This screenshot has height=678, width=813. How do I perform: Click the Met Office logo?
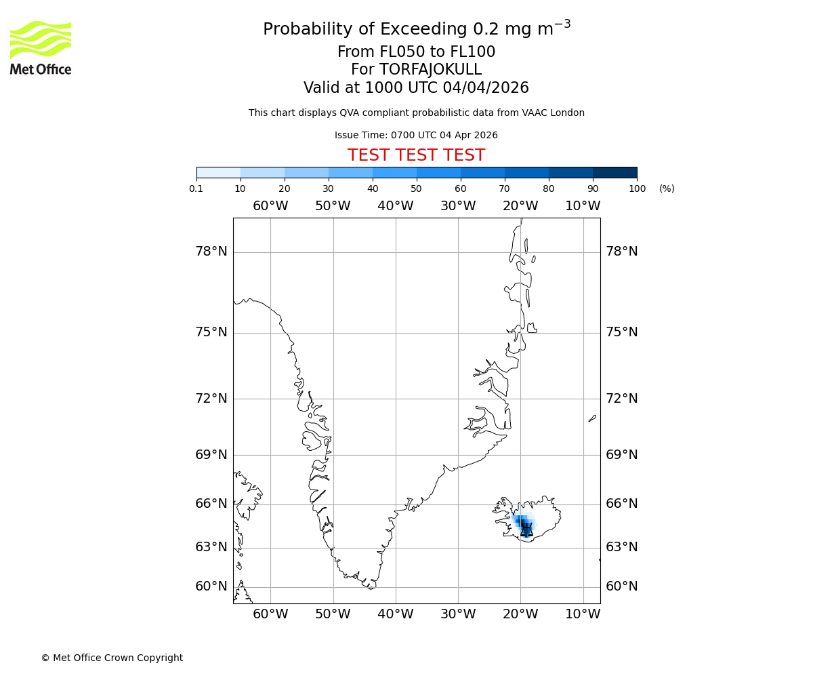(41, 47)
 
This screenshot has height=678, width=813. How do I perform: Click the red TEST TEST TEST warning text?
(416, 155)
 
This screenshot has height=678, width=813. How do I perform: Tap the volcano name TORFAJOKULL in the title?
(430, 70)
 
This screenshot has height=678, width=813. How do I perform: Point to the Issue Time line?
(416, 135)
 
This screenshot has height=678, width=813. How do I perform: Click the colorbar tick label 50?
(417, 188)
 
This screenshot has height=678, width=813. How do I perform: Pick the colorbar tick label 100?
(637, 188)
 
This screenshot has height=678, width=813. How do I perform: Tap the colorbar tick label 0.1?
(196, 188)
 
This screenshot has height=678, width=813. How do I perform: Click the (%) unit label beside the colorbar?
(667, 188)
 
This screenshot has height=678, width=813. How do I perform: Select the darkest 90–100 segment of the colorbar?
(614, 172)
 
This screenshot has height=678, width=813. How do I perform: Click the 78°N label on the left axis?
(211, 252)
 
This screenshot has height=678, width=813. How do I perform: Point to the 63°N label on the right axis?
(621, 546)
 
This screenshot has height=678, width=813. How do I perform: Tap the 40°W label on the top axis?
(395, 206)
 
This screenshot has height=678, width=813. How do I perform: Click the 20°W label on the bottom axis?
(520, 614)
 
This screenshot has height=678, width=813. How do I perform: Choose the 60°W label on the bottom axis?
(270, 614)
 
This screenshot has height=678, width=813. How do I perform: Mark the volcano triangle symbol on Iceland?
(526, 531)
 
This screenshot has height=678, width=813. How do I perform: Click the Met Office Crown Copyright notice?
(112, 658)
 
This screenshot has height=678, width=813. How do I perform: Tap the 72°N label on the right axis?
(621, 398)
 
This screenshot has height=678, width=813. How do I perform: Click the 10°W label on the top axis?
(583, 206)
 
